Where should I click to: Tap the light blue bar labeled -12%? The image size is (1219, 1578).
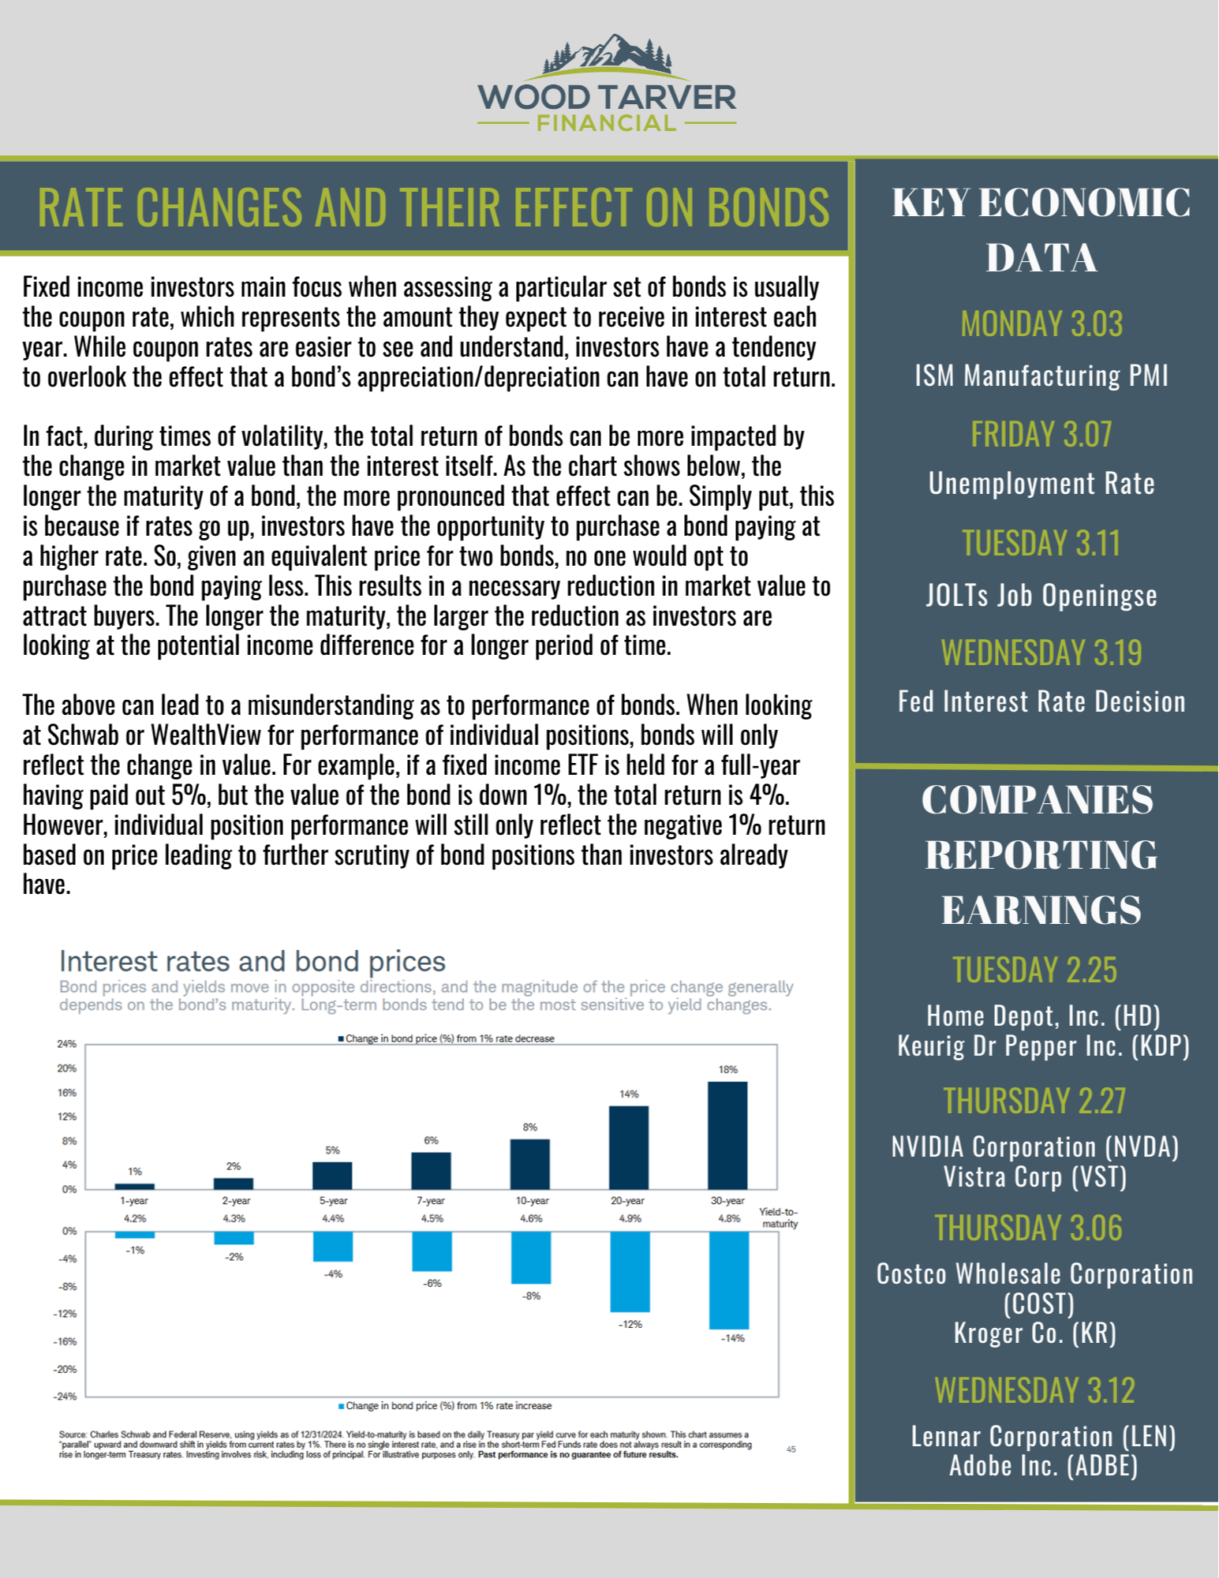click(x=630, y=1271)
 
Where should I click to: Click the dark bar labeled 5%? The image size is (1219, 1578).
click(x=332, y=1175)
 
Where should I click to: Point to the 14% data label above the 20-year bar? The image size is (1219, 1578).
click(x=629, y=1094)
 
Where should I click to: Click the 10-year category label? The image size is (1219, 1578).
click(x=532, y=1200)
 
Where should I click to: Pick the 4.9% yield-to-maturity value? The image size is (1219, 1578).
click(x=630, y=1218)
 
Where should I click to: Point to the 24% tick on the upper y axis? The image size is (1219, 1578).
click(x=66, y=1044)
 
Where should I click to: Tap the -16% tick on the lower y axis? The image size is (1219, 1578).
click(x=66, y=1341)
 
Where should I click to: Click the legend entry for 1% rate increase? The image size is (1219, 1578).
click(x=447, y=1405)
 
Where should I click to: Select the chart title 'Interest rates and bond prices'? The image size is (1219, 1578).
click(x=252, y=961)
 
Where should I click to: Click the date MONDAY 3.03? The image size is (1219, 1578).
click(x=1041, y=324)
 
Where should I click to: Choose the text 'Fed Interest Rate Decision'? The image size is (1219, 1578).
click(x=1041, y=701)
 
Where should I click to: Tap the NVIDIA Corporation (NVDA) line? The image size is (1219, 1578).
click(x=1034, y=1146)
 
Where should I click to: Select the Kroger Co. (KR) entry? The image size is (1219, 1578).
click(x=1034, y=1333)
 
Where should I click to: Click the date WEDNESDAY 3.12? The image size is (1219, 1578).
click(x=1034, y=1390)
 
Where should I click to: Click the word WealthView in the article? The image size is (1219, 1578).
click(x=205, y=735)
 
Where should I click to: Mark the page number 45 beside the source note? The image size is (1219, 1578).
click(x=791, y=1449)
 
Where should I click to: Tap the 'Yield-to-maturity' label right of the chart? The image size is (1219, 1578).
click(x=779, y=1217)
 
